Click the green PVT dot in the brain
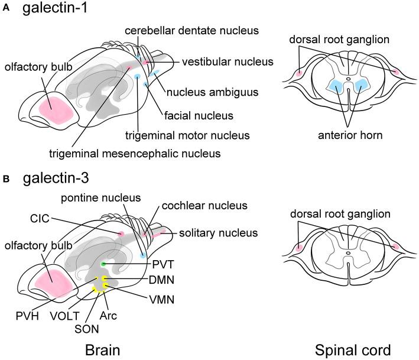[x=103, y=263]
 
